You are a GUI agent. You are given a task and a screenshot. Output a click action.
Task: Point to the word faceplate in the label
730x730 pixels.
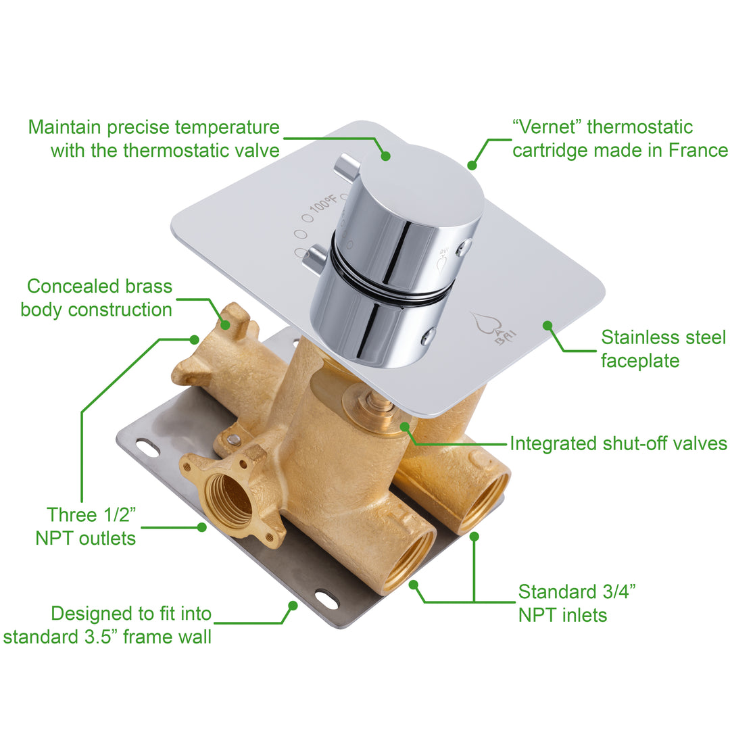[x=640, y=360]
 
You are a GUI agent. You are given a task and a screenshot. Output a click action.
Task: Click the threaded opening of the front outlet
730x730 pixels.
[x=229, y=500]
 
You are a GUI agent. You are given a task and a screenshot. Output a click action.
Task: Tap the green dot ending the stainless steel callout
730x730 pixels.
[x=547, y=326]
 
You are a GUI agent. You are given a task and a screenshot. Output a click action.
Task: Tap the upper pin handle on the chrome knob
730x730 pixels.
[x=347, y=165]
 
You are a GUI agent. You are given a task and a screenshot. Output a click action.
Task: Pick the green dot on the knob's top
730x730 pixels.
[x=385, y=155]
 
